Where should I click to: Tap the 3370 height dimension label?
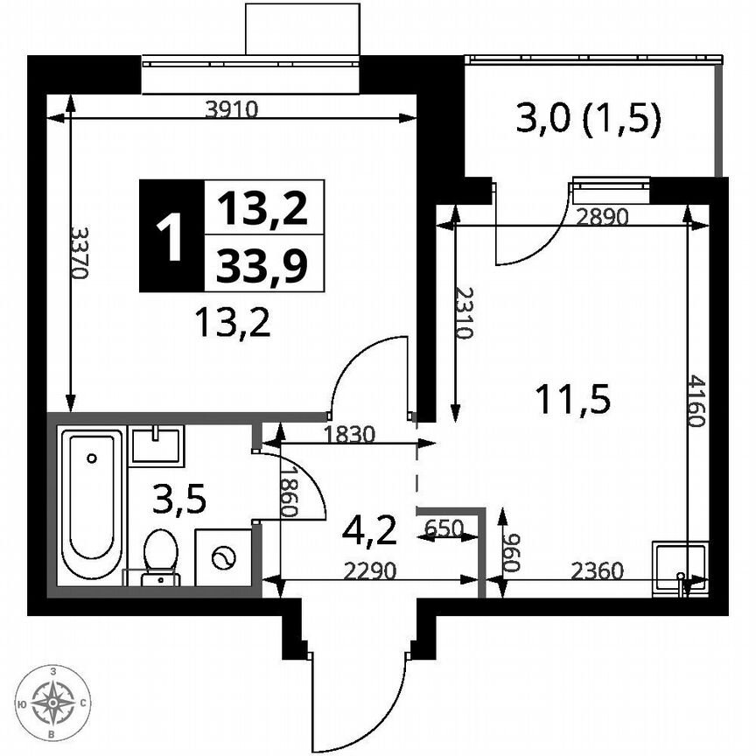79,254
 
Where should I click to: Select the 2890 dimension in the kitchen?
603,219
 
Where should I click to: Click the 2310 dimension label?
465,313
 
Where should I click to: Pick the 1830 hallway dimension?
349,433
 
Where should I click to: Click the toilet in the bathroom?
161,553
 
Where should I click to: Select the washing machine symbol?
224,557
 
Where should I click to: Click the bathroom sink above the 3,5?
157,444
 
